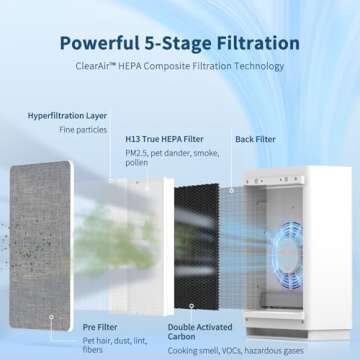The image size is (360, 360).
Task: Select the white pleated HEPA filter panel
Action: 134,230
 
